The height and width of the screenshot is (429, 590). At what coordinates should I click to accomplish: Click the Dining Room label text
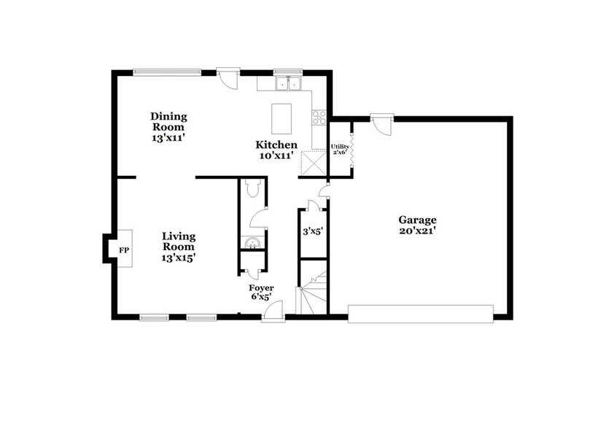[x=168, y=126]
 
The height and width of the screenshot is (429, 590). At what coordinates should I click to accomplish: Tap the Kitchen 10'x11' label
[x=276, y=150]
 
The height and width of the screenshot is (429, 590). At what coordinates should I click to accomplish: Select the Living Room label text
[x=179, y=246]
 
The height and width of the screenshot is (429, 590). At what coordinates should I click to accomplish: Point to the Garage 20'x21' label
[x=417, y=225]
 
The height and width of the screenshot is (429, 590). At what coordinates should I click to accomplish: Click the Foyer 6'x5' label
[x=261, y=292]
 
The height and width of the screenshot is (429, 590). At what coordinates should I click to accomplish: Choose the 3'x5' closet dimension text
[x=314, y=233]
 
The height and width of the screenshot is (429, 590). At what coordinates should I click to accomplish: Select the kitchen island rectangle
[x=282, y=117]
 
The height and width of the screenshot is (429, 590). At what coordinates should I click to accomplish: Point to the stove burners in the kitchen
[x=319, y=115]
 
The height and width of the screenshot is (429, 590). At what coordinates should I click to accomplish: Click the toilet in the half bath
[x=252, y=190]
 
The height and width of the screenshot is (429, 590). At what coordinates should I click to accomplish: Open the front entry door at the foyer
[x=273, y=312]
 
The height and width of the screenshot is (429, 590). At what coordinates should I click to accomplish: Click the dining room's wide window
[x=166, y=71]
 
